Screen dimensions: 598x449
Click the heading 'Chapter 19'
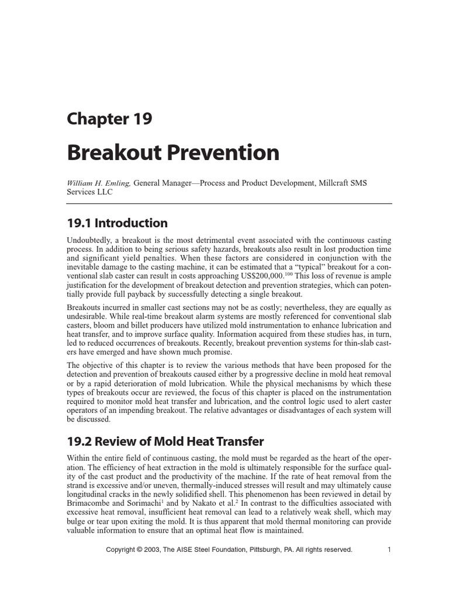[x=109, y=119]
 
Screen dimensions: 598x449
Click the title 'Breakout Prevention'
[x=173, y=152]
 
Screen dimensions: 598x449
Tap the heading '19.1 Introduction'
[x=117, y=223]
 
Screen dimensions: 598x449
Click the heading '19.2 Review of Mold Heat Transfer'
[x=165, y=441]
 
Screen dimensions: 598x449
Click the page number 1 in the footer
[x=388, y=550]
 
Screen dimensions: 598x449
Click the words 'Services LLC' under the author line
[x=90, y=192]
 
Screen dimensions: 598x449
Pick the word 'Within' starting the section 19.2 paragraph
[x=78, y=458]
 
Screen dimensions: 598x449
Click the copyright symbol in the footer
[x=143, y=550]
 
